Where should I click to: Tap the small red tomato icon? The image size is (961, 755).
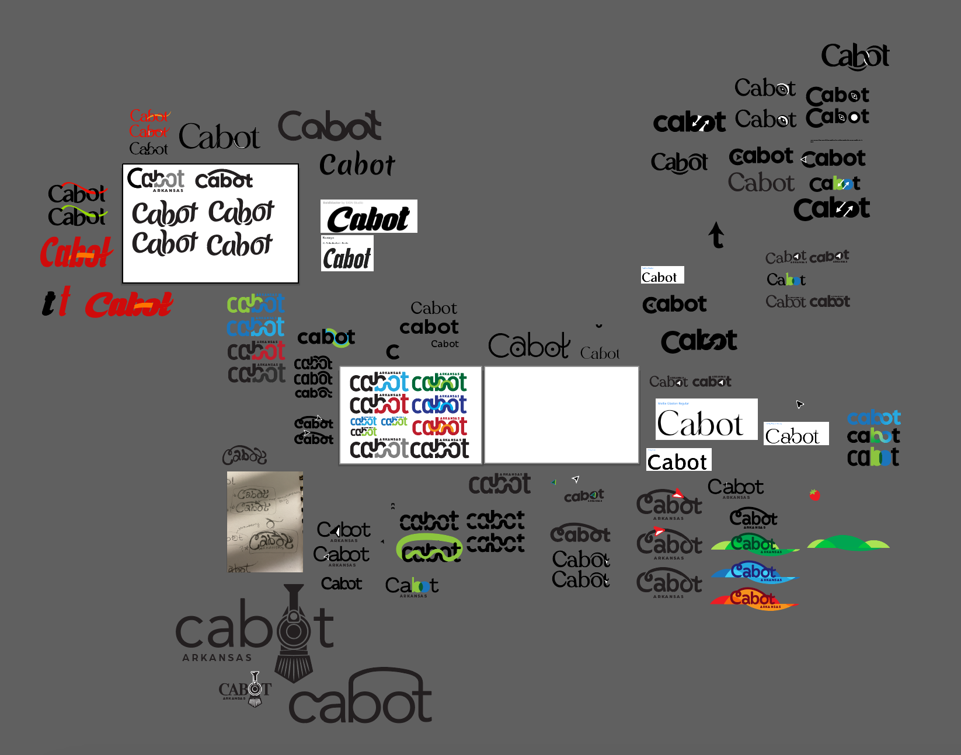pos(814,495)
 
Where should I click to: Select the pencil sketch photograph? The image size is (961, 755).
pos(265,522)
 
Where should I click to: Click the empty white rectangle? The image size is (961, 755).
pos(561,415)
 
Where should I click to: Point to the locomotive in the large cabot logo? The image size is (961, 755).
pos(294,633)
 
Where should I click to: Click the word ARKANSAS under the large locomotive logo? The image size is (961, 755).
pos(217,658)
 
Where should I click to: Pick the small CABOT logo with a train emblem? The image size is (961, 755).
pos(246,690)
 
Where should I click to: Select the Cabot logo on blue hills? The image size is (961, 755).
pos(753,572)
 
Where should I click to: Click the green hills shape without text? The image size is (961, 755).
pos(848,544)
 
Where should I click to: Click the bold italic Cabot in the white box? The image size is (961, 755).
pos(369,218)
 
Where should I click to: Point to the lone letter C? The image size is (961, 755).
pos(393,351)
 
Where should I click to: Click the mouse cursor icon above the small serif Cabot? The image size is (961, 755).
pos(799,404)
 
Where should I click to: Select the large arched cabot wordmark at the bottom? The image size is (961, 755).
pos(361,698)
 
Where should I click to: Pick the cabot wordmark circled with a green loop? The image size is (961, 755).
pos(430,550)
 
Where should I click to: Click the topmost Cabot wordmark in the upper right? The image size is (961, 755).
pos(855,56)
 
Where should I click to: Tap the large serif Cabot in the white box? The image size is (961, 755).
pos(700,423)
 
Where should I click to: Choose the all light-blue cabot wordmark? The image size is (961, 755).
pos(873,417)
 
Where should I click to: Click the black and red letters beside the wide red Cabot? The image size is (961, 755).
pos(57,302)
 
